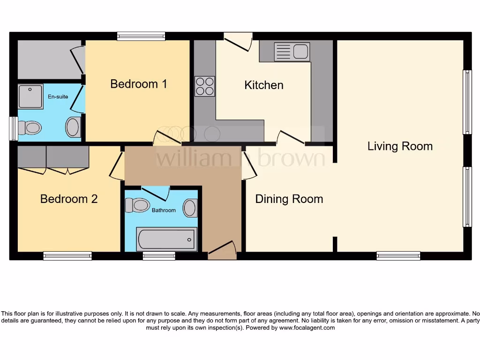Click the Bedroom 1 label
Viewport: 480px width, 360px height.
[138, 84]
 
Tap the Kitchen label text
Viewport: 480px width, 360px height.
[264, 85]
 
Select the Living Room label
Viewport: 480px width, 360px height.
[400, 146]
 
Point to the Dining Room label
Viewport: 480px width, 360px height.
[289, 199]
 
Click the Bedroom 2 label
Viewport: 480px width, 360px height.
[69, 199]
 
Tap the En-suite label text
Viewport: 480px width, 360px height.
[58, 97]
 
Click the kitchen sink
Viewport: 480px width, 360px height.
[292, 52]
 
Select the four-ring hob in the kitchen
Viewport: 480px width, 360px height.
[205, 86]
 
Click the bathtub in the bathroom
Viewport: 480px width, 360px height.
[166, 240]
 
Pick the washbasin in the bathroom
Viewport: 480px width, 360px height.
[190, 208]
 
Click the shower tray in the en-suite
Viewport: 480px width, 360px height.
[30, 97]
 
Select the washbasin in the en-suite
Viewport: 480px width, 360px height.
[73, 127]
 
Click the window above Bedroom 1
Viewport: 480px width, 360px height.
[141, 36]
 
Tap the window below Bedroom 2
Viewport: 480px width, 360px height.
[67, 256]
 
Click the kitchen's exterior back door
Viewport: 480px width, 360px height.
[238, 41]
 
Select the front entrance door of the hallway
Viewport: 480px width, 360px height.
[222, 251]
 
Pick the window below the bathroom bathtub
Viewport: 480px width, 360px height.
[159, 256]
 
